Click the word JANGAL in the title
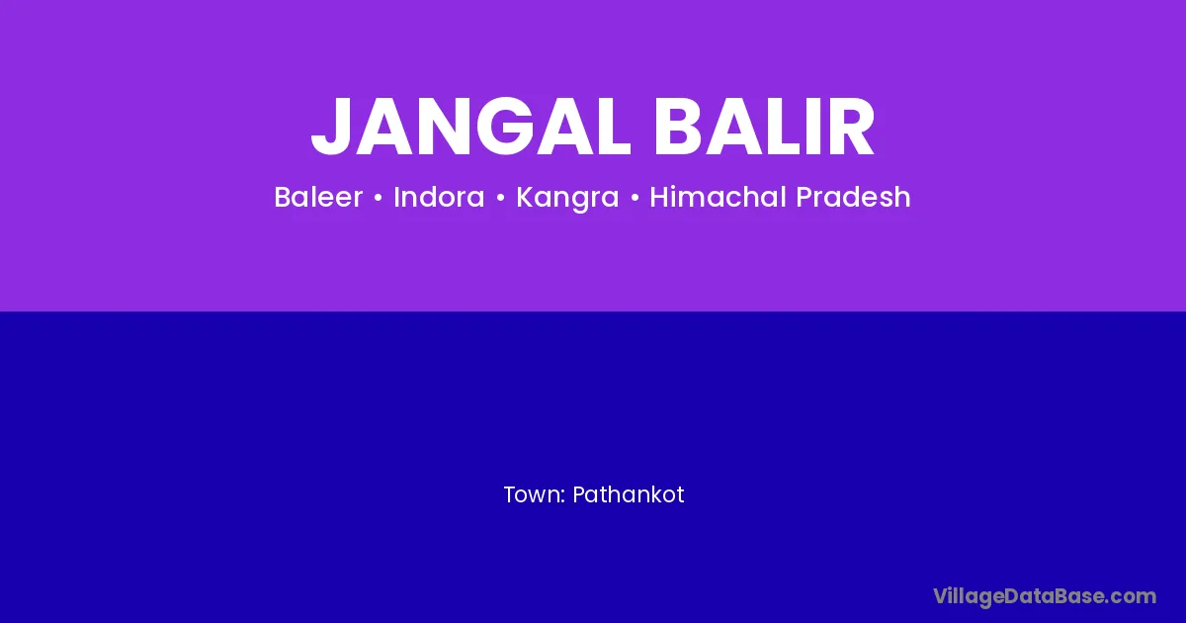point(470,127)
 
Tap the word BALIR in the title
point(765,127)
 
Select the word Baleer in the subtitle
point(318,197)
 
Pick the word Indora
point(439,197)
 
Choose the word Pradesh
point(854,197)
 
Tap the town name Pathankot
point(629,494)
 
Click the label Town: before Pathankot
point(535,494)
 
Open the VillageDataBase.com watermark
point(1045,596)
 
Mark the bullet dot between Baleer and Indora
point(378,198)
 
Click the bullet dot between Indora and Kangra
point(500,198)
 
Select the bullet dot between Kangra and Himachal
point(635,198)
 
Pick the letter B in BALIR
point(679,127)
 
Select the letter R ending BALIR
point(851,127)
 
